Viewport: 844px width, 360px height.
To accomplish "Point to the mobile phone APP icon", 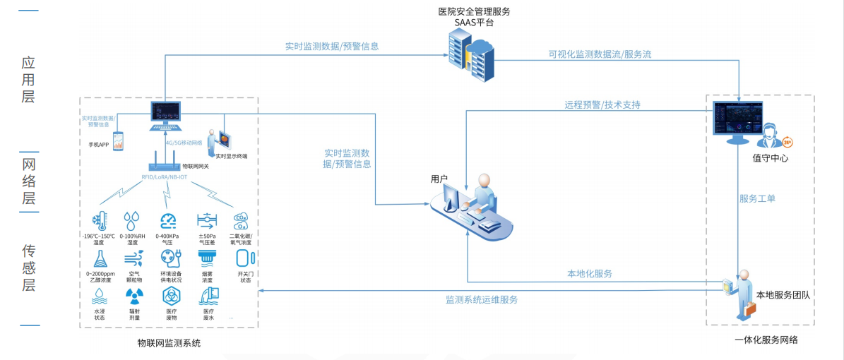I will [x=117, y=140].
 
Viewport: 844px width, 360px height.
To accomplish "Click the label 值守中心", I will [x=770, y=158].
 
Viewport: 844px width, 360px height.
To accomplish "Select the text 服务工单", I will [x=757, y=198].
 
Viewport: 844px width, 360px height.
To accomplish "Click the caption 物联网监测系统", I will [x=170, y=343].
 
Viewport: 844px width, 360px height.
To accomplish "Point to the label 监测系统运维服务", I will [x=482, y=299].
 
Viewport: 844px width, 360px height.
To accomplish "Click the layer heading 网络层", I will [x=28, y=182].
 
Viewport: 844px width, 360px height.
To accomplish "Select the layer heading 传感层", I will [x=28, y=268].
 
